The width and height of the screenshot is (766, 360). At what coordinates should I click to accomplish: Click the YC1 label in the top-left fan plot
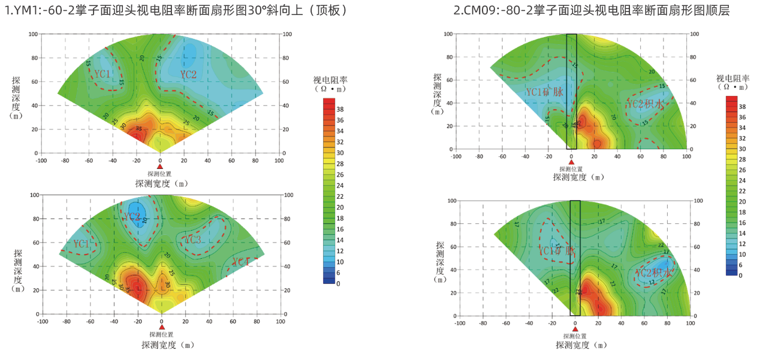click(x=102, y=74)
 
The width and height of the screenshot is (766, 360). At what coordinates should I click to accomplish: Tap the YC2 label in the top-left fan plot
click(x=188, y=75)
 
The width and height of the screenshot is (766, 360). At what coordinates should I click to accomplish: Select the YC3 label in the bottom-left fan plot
click(x=192, y=240)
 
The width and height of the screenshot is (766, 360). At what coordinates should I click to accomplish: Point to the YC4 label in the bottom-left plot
click(x=240, y=262)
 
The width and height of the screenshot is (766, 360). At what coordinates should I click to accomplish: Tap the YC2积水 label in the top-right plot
click(x=645, y=104)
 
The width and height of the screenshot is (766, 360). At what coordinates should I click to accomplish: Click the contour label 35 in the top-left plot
click(x=138, y=129)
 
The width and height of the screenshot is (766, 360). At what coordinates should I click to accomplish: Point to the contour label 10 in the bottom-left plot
click(x=144, y=220)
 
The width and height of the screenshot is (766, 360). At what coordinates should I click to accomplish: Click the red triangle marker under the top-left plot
click(x=160, y=167)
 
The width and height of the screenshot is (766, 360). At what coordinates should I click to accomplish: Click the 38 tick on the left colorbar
click(x=339, y=110)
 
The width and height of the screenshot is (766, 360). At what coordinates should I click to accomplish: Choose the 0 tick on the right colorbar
click(x=741, y=276)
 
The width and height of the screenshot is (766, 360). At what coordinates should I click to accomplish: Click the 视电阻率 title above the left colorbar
click(x=330, y=80)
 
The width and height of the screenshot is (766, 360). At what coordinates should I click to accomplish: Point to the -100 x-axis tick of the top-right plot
click(x=456, y=156)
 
